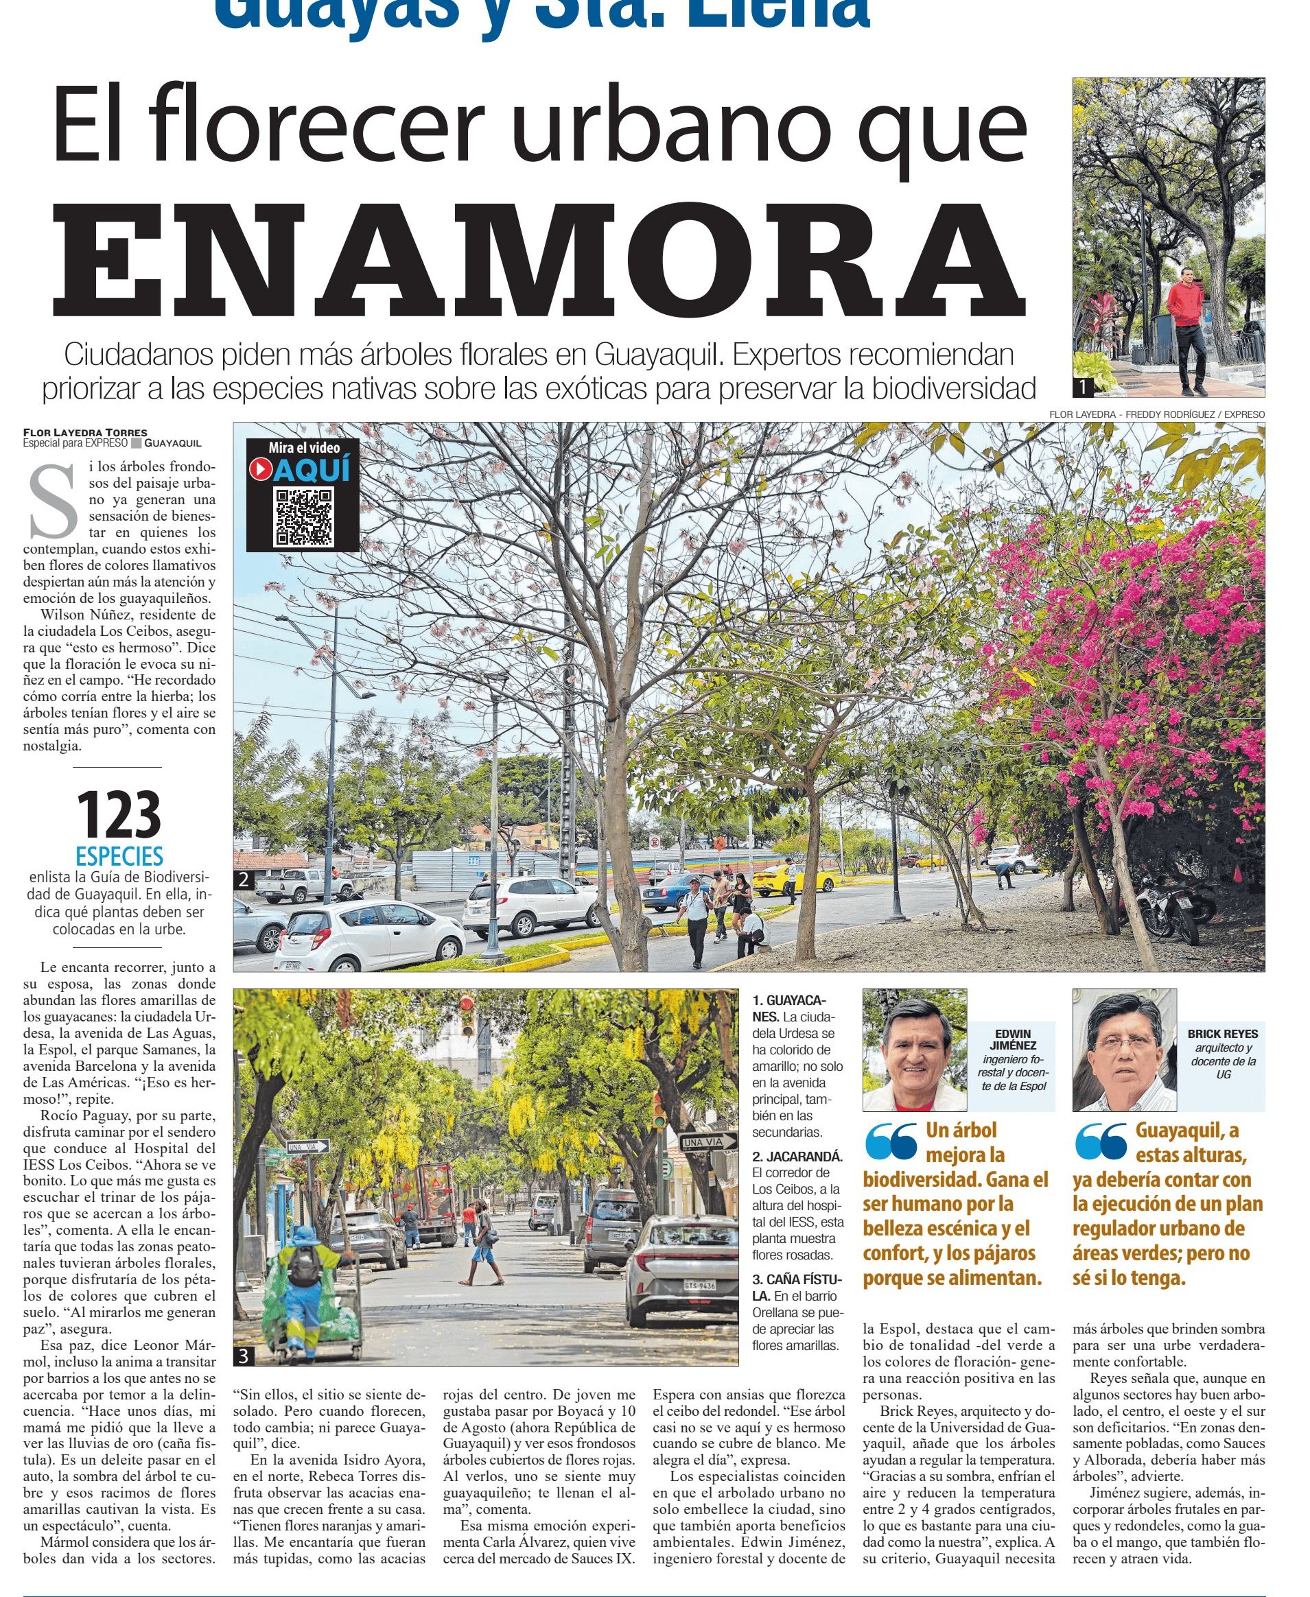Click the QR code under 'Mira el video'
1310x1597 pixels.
pos(303,517)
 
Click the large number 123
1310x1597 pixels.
pos(119,815)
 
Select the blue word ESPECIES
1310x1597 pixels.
pos(119,856)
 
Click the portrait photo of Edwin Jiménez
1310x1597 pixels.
pos(914,1050)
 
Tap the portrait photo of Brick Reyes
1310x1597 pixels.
pos(1123,1050)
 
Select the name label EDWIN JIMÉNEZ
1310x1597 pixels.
pos(1013,1039)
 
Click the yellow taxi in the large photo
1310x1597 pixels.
pos(795,877)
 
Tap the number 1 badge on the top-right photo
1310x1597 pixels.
pos(1082,387)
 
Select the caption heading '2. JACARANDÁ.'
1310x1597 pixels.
pos(797,1157)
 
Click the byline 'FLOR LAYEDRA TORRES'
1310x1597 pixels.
pos(85,433)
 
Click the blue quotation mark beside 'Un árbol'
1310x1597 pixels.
pos(891,1141)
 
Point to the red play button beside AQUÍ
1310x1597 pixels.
pos(259,469)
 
